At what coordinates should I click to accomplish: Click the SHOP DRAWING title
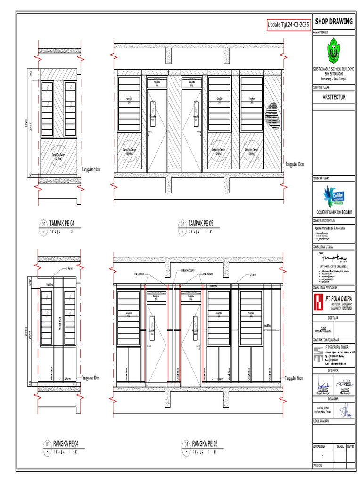(x=334, y=22)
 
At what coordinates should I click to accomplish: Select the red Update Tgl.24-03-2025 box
(x=288, y=24)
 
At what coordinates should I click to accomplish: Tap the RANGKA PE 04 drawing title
(x=62, y=443)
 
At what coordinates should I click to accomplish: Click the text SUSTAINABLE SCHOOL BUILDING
(x=334, y=69)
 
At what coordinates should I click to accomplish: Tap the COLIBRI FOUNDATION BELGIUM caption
(x=334, y=213)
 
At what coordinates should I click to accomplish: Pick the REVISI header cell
(x=350, y=446)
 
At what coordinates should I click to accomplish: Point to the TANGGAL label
(x=318, y=465)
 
